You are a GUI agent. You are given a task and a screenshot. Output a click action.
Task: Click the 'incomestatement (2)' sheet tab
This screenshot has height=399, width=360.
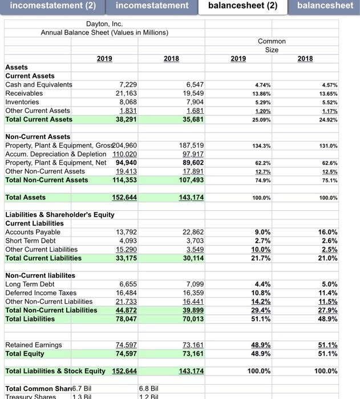point(48,6)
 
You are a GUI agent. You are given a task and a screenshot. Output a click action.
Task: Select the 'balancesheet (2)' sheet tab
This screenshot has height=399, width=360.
point(243,6)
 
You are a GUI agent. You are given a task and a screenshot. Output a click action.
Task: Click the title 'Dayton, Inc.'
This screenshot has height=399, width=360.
point(104,24)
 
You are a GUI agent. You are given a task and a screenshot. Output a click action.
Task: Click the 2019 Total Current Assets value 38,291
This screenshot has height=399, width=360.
point(126,119)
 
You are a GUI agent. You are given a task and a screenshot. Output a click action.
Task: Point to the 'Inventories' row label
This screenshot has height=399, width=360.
point(22,102)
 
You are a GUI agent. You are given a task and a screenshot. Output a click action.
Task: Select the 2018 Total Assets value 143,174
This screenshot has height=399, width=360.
point(192,197)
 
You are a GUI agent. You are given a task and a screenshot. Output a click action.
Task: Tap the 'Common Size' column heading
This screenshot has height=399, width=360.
point(272,46)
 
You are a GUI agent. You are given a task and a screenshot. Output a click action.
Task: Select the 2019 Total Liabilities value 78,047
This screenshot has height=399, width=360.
point(126,319)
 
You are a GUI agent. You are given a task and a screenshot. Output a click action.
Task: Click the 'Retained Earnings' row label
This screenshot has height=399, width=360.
point(34,345)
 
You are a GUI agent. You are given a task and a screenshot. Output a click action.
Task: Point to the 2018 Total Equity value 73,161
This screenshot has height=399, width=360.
point(192,353)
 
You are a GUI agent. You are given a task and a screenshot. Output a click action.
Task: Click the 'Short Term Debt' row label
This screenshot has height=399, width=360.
point(30,241)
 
